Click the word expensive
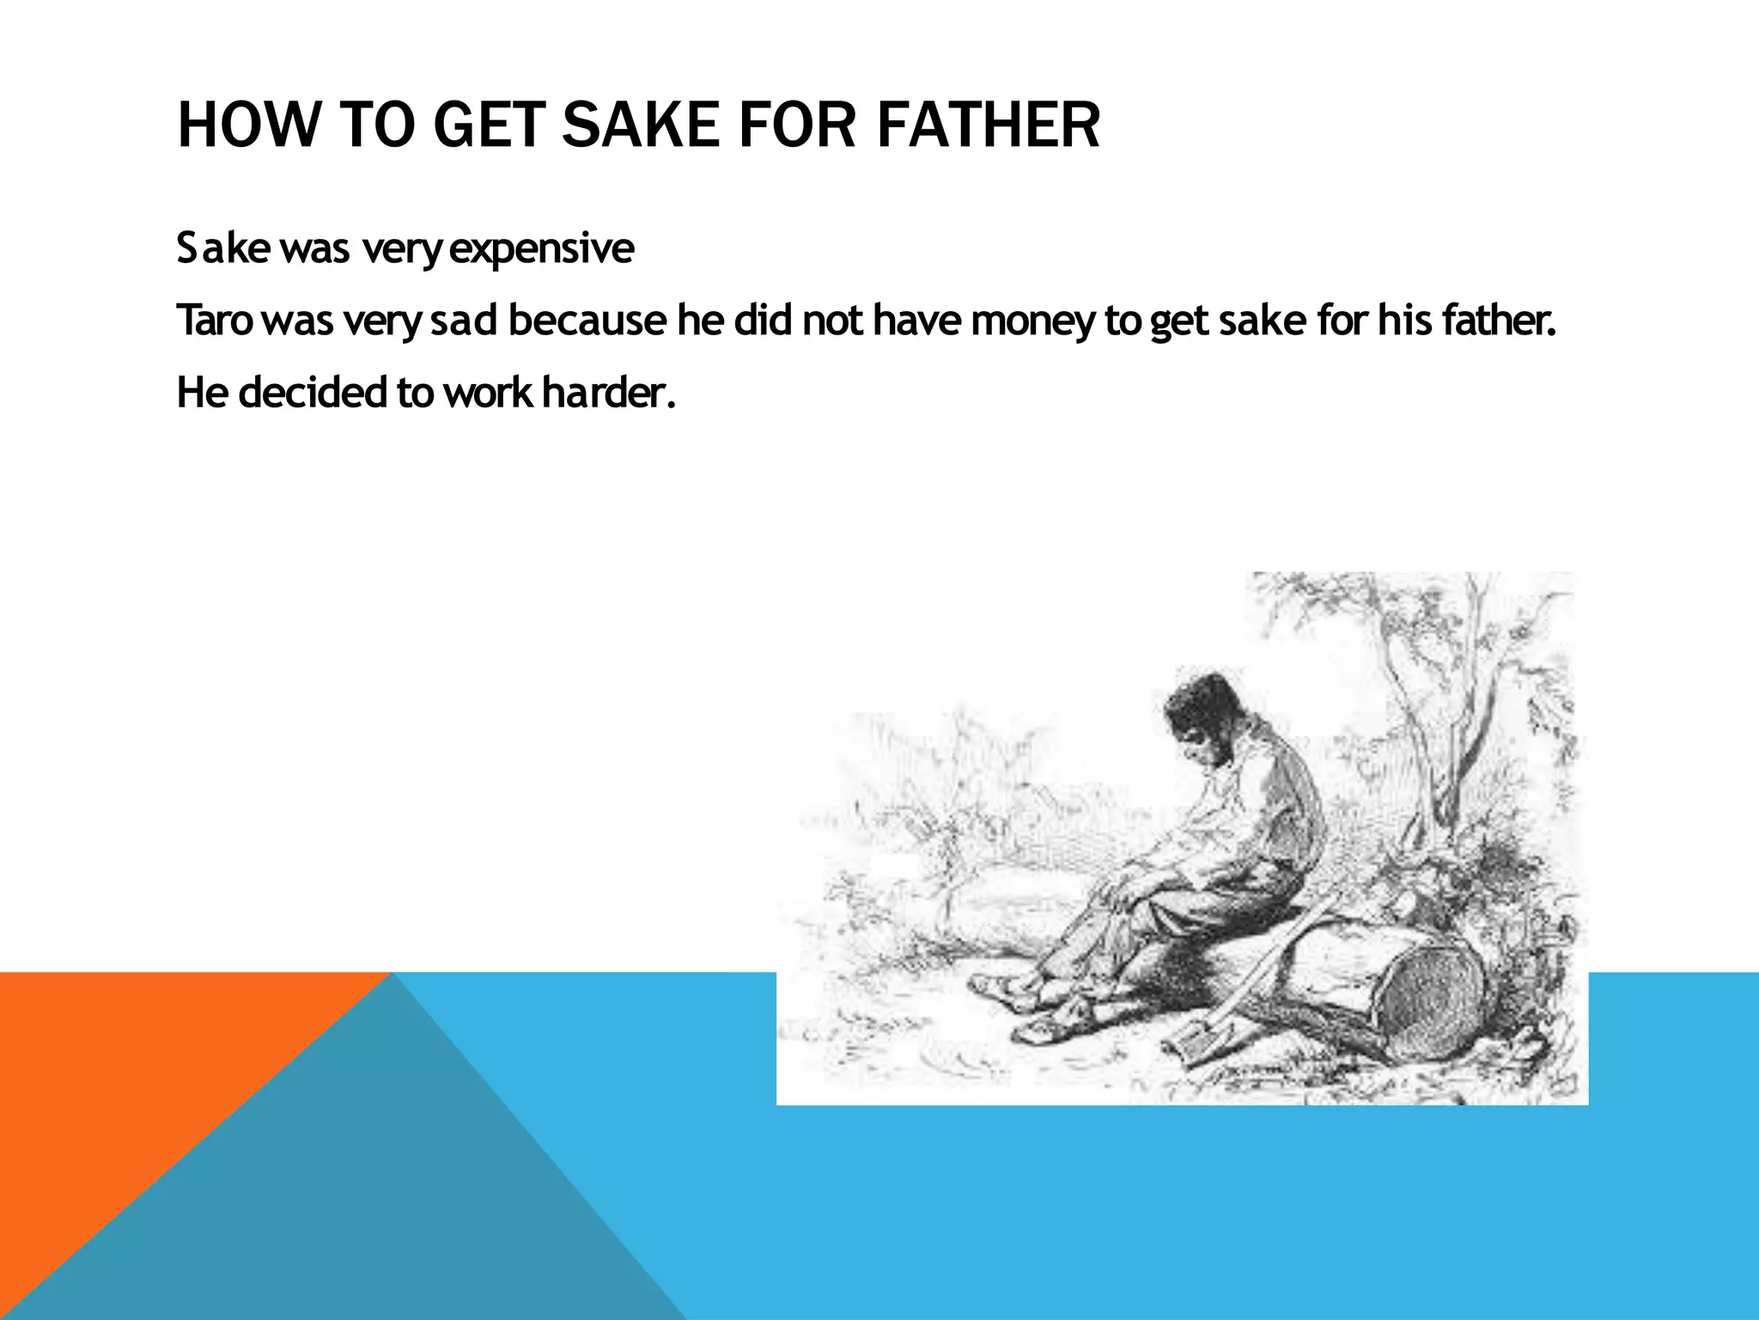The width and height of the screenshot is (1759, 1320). (x=542, y=250)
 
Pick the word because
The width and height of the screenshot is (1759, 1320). (x=587, y=321)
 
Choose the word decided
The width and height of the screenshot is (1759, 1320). (x=313, y=393)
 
